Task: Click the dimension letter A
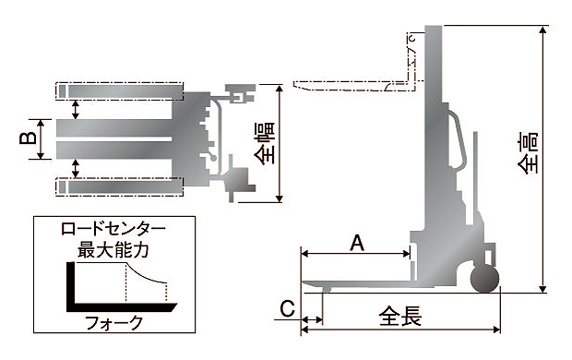(x=357, y=244)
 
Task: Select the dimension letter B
(x=28, y=138)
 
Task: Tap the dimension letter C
(x=287, y=309)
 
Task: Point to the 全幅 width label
(x=265, y=143)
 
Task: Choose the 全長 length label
(x=400, y=317)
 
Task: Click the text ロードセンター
(x=113, y=229)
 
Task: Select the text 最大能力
(x=113, y=250)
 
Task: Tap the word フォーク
(x=113, y=323)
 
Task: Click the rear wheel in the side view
(x=484, y=280)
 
